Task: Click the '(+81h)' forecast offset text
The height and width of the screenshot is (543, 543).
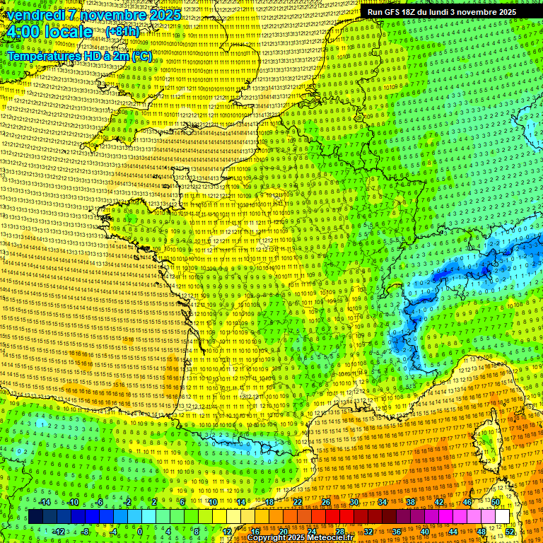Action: coord(123,32)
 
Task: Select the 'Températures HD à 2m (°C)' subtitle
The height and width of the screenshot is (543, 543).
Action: coord(79,55)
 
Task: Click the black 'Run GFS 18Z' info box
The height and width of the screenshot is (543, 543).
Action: coord(442,11)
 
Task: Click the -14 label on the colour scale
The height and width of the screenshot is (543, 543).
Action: coord(45,502)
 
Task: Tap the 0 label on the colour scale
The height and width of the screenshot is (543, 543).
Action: coord(140,532)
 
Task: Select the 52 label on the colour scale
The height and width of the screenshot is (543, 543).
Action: coord(510,532)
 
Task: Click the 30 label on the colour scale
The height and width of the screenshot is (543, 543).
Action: coord(354,502)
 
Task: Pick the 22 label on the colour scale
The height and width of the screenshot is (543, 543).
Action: coord(298,502)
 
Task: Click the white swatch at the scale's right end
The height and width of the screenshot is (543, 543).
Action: coord(502,517)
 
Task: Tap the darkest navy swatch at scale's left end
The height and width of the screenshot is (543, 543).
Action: coord(35,517)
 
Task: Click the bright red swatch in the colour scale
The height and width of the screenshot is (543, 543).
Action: coord(332,517)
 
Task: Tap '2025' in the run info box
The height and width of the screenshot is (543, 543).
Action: coord(503,12)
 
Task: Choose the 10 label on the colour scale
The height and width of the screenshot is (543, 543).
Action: coord(212,502)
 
